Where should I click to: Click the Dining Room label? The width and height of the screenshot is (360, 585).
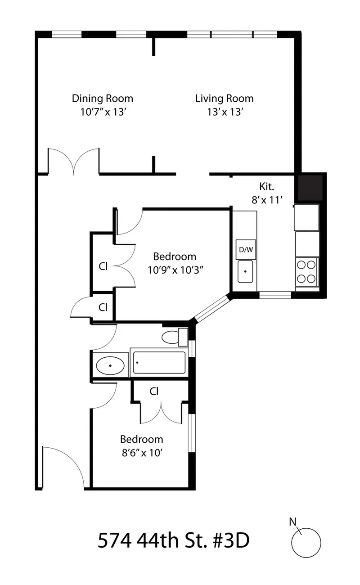point(103,98)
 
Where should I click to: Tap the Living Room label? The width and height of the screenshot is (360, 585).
point(224,98)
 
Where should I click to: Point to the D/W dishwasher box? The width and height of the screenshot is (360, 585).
point(246,249)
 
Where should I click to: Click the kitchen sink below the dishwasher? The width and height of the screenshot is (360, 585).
point(245,271)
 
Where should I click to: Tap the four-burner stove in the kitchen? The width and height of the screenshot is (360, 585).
point(306,271)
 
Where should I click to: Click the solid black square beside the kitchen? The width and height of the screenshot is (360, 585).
point(309,187)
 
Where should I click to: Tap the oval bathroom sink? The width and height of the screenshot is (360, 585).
point(110,365)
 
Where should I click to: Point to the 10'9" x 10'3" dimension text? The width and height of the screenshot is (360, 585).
point(175,270)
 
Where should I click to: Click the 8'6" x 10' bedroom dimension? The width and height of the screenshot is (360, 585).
point(141,453)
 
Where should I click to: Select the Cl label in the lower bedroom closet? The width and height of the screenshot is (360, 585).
point(154,391)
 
